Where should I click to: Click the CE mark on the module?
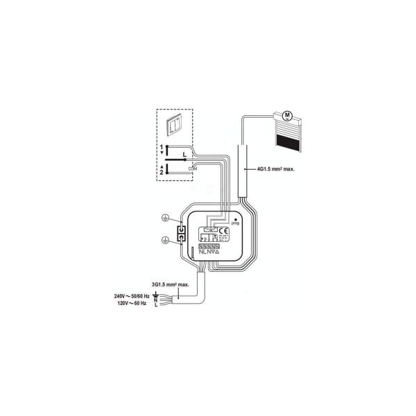[223, 232]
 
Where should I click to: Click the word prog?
[237, 224]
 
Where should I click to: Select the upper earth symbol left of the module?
[164, 217]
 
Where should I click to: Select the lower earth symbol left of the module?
[164, 241]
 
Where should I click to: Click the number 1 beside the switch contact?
[162, 148]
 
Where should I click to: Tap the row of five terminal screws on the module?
[209, 245]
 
